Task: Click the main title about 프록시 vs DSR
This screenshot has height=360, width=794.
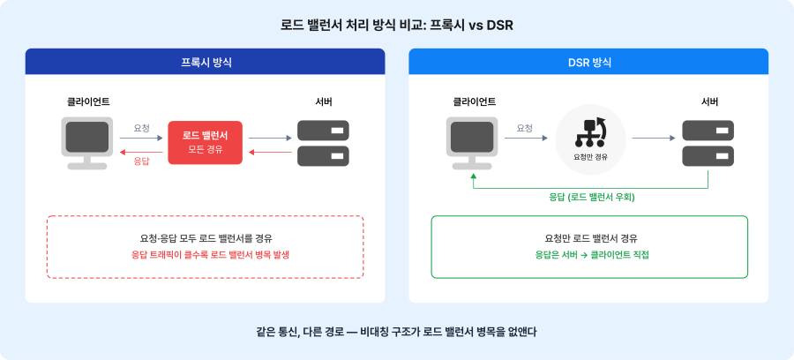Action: [397, 26]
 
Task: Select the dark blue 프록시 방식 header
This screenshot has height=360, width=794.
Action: [205, 62]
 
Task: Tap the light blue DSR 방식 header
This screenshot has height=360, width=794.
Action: [588, 62]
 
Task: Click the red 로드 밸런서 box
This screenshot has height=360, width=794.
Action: [205, 143]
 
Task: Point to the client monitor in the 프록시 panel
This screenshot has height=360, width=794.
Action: [87, 143]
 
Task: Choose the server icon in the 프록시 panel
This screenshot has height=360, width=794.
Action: [323, 143]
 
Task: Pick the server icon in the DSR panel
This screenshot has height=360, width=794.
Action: [708, 143]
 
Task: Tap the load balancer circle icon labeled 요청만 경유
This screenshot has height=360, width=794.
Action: [590, 139]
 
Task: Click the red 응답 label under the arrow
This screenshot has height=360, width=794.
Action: [141, 161]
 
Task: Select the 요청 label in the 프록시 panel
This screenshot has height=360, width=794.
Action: [141, 128]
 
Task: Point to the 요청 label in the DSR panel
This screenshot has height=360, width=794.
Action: [525, 128]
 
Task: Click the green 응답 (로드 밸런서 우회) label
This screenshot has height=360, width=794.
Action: [592, 198]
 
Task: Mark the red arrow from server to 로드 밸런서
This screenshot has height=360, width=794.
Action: [271, 152]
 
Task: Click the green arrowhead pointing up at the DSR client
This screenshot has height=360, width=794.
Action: [473, 176]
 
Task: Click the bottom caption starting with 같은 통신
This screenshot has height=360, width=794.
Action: [396, 332]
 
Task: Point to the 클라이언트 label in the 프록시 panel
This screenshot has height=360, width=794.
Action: [88, 101]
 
